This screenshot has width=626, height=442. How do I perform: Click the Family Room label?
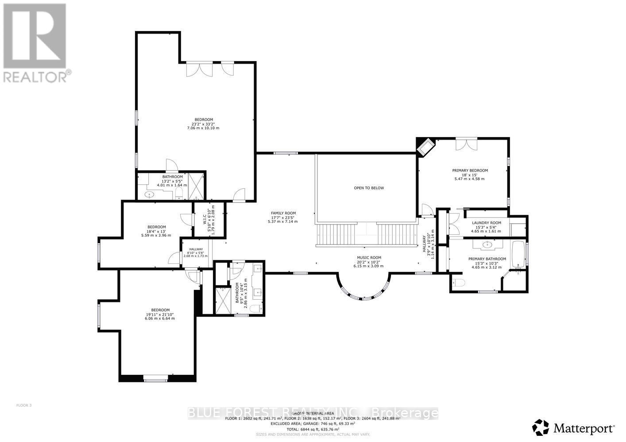pyautogui.click(x=283, y=213)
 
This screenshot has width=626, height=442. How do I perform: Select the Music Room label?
pyautogui.click(x=369, y=258)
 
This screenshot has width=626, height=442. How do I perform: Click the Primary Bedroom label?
pyautogui.click(x=469, y=171)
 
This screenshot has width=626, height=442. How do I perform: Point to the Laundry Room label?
pyautogui.click(x=486, y=223)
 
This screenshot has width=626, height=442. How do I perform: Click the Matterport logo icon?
pyautogui.click(x=540, y=427)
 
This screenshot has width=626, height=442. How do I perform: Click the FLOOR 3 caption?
pyautogui.click(x=24, y=405)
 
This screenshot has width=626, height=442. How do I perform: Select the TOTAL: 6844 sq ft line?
pyautogui.click(x=313, y=429)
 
